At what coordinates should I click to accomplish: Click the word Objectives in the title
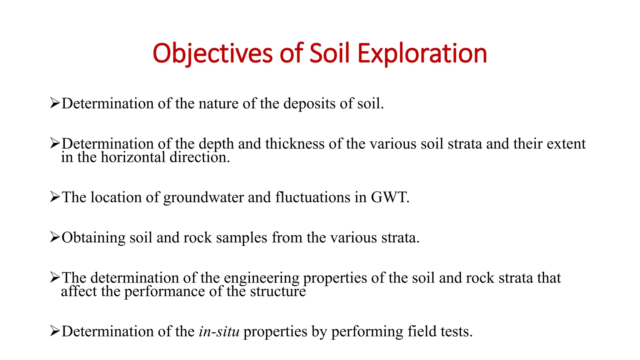(x=213, y=53)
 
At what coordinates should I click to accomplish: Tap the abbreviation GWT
(x=390, y=197)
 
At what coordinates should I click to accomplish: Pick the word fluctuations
(x=313, y=197)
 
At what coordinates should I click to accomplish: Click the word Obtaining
(x=93, y=238)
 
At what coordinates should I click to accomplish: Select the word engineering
(x=262, y=278)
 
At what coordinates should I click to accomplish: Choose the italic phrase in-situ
(x=219, y=332)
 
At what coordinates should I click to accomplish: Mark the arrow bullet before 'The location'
(x=55, y=197)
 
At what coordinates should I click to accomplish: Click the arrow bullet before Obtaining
(x=55, y=237)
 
